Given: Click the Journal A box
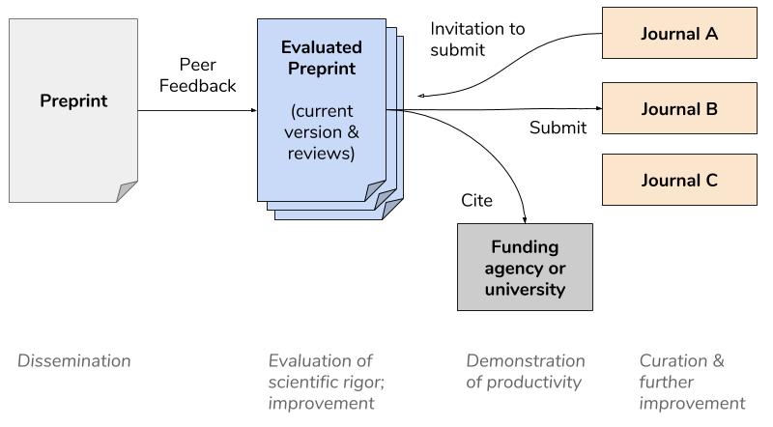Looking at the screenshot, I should [x=679, y=34].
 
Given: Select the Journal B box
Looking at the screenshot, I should [x=679, y=108].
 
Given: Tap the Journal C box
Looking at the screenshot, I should [x=679, y=180].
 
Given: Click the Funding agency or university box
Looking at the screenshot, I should [x=525, y=268].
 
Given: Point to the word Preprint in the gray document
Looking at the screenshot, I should [x=73, y=100].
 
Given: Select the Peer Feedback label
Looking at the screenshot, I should [x=197, y=75].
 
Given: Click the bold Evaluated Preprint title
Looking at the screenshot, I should [x=322, y=58].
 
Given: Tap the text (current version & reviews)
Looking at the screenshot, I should [x=323, y=131].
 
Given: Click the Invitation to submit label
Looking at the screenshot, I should [x=477, y=40].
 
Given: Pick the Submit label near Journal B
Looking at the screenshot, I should [x=558, y=128].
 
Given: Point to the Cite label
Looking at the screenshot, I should [x=477, y=201].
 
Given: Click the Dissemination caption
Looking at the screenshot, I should [x=73, y=361].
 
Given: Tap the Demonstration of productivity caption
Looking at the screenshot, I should [x=526, y=371].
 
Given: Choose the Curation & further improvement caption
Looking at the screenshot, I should [x=692, y=382].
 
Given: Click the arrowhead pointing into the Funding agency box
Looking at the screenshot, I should [x=525, y=218].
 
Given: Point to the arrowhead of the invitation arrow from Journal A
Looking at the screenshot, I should [x=423, y=96].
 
